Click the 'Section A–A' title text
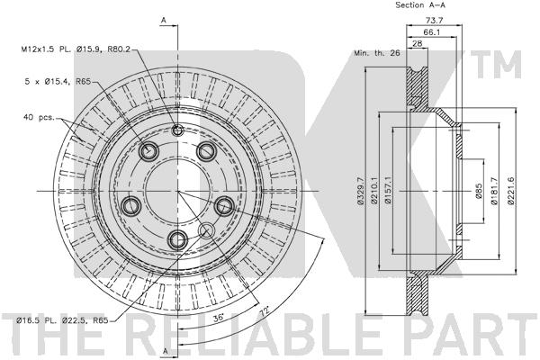[x=427, y=5]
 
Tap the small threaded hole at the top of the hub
[x=177, y=131]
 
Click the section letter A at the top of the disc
[x=163, y=19]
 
